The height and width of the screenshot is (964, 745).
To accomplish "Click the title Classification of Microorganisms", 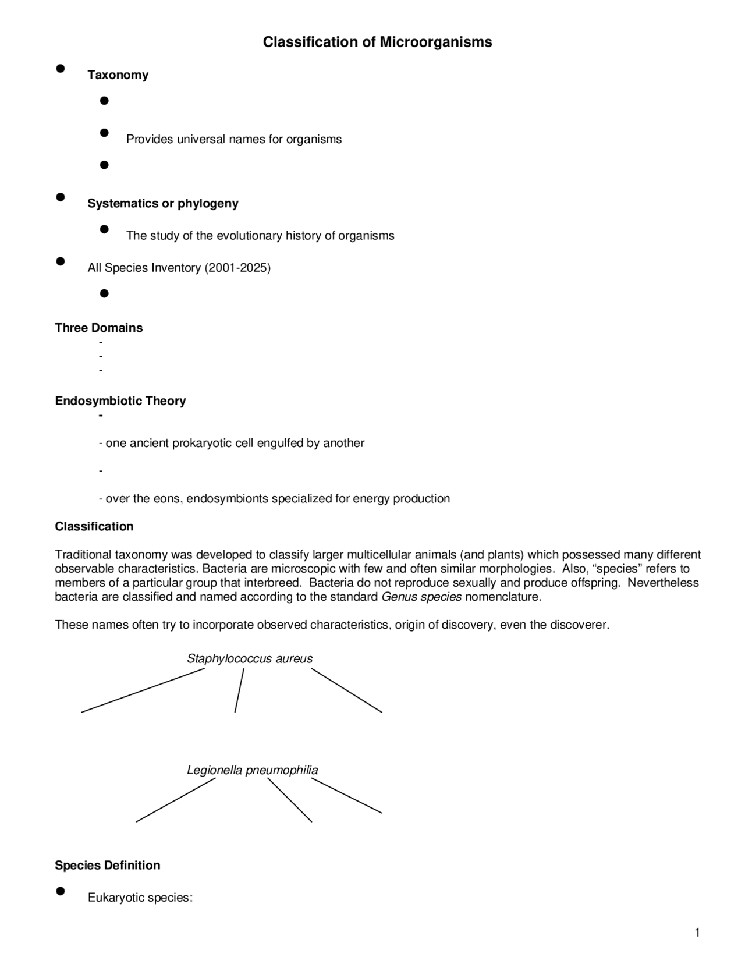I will point(377,42).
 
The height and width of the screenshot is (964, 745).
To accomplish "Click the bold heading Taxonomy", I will point(118,75).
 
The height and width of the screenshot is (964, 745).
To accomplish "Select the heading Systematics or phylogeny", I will point(162,204).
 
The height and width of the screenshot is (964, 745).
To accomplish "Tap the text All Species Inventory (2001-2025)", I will point(179,268).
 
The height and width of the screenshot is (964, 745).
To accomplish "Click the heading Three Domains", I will point(98,328).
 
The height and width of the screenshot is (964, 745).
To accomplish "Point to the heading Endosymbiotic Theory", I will point(120,401).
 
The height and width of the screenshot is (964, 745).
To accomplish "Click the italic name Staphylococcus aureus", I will point(249,659).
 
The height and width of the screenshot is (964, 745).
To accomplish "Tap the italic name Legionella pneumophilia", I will point(252,771).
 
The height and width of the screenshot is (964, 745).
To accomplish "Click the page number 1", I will point(697,933).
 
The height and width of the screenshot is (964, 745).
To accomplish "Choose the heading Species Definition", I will point(107,866).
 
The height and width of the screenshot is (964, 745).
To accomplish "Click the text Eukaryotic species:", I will point(140,898).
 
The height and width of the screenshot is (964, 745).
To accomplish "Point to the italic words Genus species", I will point(421,597).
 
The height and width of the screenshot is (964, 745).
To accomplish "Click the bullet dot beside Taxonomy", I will point(60,69).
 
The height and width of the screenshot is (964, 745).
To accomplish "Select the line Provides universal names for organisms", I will point(234,140).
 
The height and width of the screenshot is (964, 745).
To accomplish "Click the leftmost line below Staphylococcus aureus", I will point(143,690).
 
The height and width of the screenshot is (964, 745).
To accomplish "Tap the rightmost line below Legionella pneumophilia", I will point(346,796).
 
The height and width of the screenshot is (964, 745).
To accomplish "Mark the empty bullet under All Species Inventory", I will point(104,293).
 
